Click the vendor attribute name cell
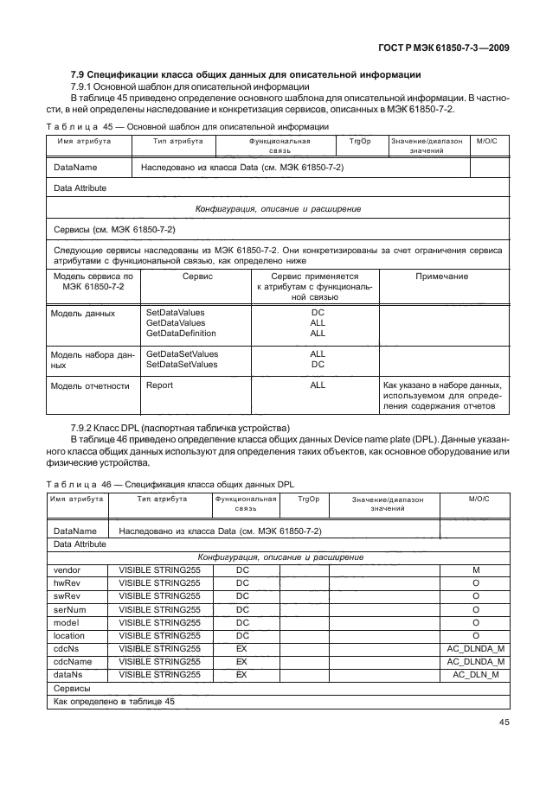pyautogui.click(x=67, y=570)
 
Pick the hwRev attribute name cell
pyautogui.click(x=67, y=583)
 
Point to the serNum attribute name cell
pyautogui.click(x=68, y=609)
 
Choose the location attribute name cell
pyautogui.click(x=69, y=635)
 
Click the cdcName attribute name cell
pyautogui.click(x=73, y=661)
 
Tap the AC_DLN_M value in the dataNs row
pyautogui.click(x=475, y=674)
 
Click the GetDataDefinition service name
pyautogui.click(x=181, y=333)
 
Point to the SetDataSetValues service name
pyautogui.click(x=182, y=365)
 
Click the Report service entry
pyautogui.click(x=159, y=385)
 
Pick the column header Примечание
pyautogui.click(x=442, y=277)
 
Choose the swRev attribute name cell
pyautogui.click(x=67, y=596)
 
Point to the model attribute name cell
pyautogui.click(x=67, y=622)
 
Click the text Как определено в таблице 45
pyautogui.click(x=114, y=701)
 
